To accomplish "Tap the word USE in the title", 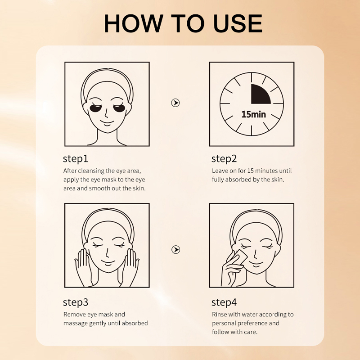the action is (x=238, y=23).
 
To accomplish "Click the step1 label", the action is (x=75, y=159).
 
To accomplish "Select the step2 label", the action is (x=224, y=159).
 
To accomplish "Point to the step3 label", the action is (x=75, y=302).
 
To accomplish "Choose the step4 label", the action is (x=224, y=302).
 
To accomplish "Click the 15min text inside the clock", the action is (x=253, y=114).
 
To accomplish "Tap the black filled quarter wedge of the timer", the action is (x=260, y=95).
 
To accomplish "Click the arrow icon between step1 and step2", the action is (x=175, y=103).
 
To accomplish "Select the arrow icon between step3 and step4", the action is (x=175, y=250).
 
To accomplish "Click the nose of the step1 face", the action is (x=106, y=113).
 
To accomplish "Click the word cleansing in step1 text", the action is (x=92, y=171).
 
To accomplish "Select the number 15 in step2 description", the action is (x=251, y=171).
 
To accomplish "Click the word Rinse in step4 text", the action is (x=219, y=314).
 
